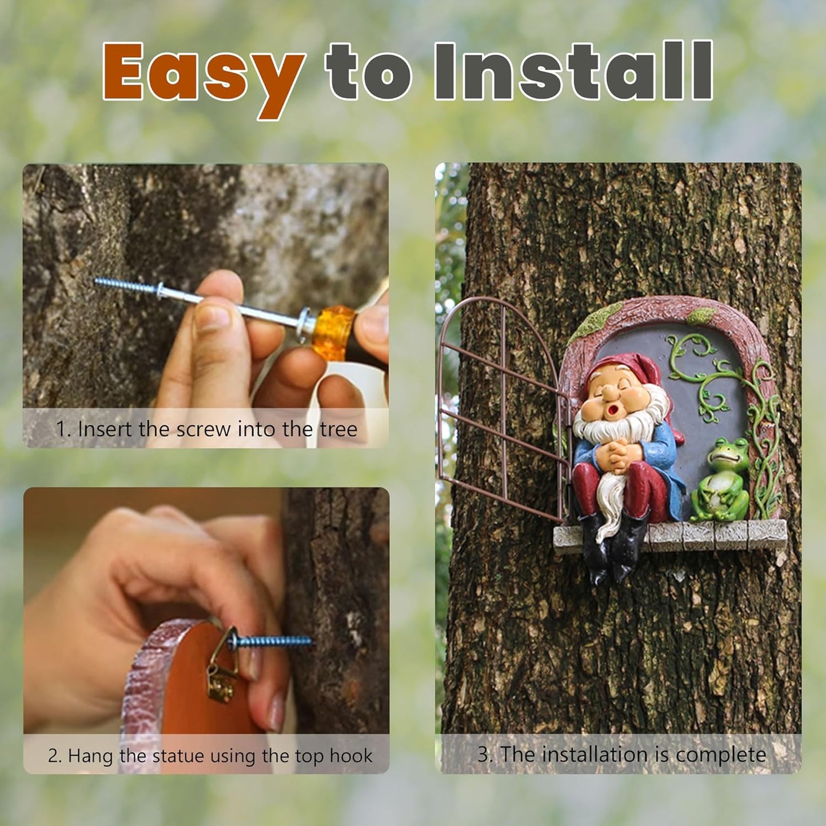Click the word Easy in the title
point(203,74)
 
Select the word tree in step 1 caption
point(338,429)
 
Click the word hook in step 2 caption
point(351,756)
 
